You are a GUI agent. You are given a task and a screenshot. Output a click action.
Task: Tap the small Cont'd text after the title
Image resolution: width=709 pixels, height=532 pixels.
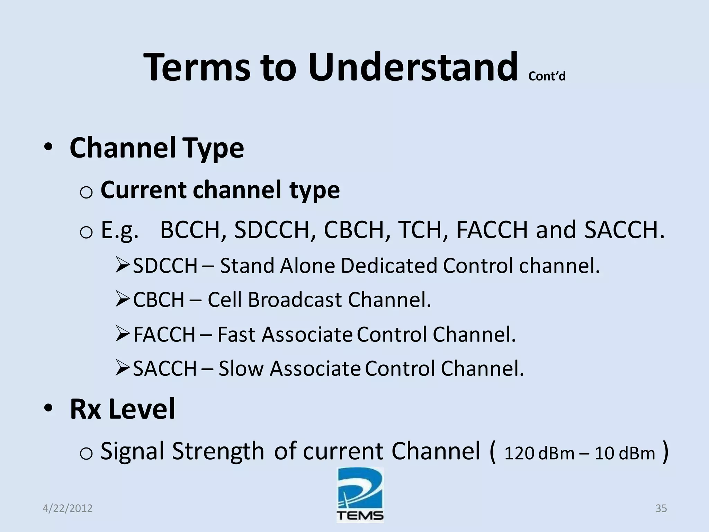547,76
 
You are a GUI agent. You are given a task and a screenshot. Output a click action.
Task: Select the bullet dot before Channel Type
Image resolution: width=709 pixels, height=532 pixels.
48,148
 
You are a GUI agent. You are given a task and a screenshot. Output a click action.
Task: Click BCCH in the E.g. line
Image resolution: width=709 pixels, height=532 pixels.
190,230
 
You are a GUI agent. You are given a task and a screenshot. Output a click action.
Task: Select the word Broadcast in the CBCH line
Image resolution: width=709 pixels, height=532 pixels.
295,300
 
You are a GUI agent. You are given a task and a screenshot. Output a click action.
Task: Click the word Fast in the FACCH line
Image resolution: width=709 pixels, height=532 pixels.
236,335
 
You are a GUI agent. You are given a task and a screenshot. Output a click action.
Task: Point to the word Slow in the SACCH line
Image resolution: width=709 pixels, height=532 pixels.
241,368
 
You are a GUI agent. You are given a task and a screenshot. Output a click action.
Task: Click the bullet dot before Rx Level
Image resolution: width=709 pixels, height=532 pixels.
48,408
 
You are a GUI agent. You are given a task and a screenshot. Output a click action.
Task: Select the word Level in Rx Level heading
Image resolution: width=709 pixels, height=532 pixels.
142,409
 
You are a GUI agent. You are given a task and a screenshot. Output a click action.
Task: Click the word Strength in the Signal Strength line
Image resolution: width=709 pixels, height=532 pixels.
218,451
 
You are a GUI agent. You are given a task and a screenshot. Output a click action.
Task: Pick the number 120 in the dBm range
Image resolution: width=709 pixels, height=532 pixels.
519,453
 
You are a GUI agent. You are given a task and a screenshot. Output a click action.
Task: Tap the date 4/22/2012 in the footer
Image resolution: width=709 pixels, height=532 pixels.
68,508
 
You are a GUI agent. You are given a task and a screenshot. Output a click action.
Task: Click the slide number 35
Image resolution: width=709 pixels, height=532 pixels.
661,508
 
